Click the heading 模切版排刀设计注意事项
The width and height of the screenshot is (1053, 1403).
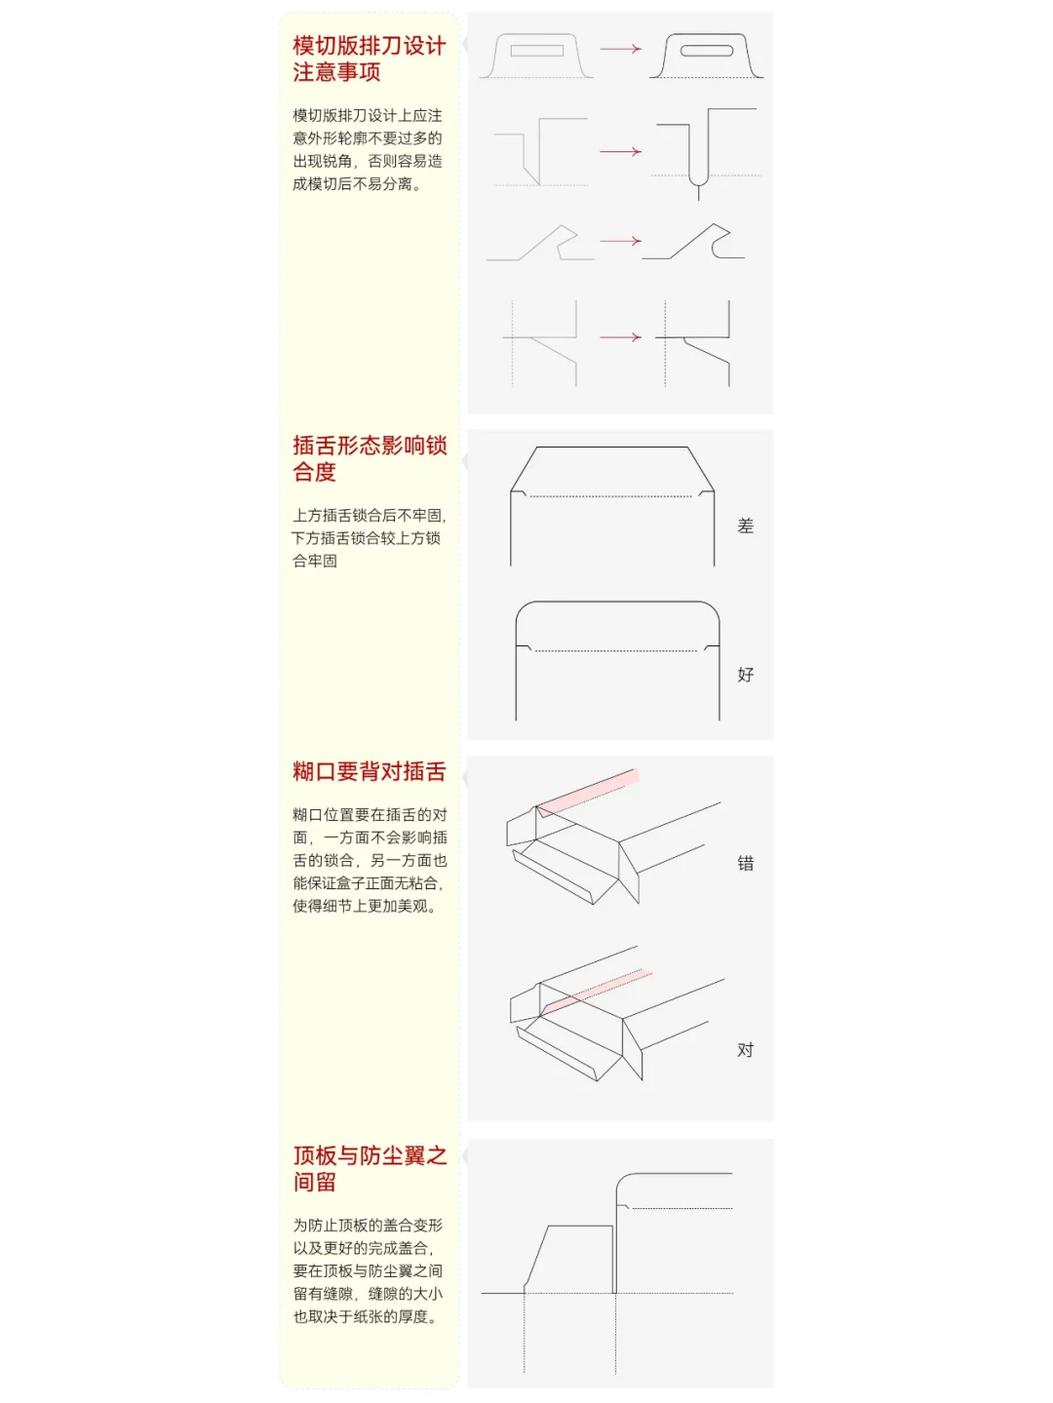click(x=369, y=58)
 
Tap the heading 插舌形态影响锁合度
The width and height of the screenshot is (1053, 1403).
click(x=369, y=458)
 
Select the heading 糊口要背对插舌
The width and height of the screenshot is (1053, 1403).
click(x=369, y=772)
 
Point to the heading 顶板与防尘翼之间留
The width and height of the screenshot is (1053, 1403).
click(x=369, y=1168)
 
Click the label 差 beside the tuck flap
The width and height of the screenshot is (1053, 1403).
click(x=746, y=526)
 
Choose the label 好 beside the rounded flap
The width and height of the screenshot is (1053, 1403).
click(x=746, y=675)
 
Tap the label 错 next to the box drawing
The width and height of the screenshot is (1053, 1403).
click(x=746, y=863)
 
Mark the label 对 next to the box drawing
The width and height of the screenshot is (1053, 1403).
click(x=746, y=1050)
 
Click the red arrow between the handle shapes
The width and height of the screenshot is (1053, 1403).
click(x=621, y=49)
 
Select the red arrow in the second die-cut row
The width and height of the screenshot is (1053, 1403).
click(x=621, y=152)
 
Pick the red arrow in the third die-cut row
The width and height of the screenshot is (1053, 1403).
click(x=621, y=241)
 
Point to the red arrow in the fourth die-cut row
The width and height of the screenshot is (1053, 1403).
click(x=621, y=337)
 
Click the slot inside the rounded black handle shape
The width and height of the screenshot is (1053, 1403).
click(x=707, y=51)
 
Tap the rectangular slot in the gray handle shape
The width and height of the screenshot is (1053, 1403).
click(x=536, y=51)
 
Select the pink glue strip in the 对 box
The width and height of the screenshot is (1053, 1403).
click(x=595, y=990)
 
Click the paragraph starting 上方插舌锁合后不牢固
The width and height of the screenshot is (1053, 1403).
click(x=369, y=538)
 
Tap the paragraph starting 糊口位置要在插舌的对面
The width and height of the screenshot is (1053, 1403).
click(x=369, y=860)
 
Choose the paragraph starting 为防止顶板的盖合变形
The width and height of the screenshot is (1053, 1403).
click(x=369, y=1270)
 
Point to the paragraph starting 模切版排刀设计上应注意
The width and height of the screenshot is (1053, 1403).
click(x=369, y=149)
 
